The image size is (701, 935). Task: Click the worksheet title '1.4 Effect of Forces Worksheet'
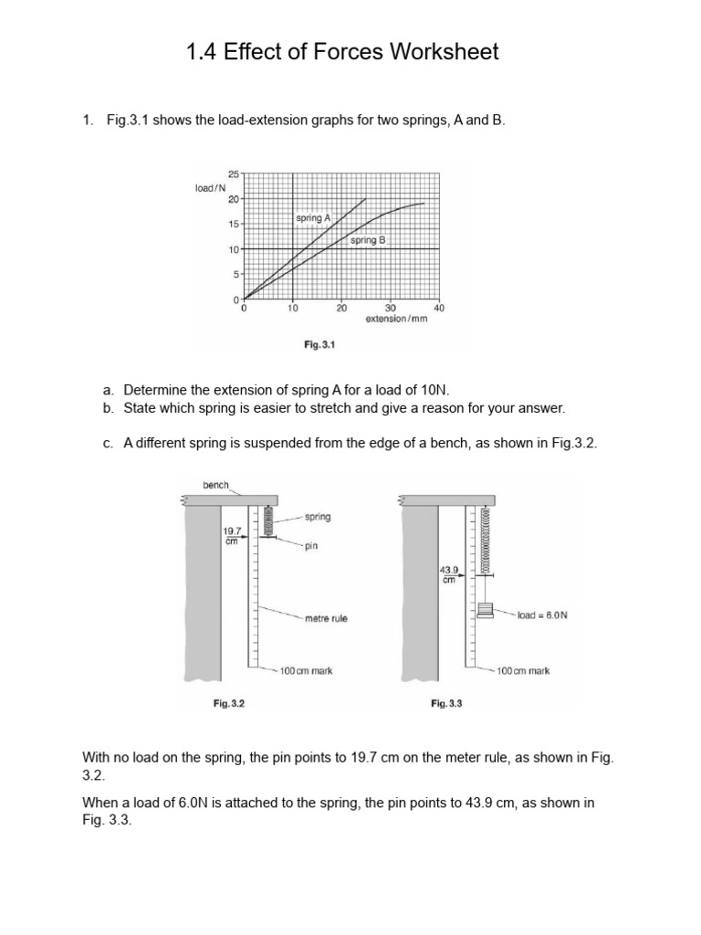(342, 52)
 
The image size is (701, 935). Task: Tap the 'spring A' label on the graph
(313, 219)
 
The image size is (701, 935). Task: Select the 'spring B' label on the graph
(368, 240)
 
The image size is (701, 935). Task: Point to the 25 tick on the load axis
(233, 173)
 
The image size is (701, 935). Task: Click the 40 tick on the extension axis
(438, 309)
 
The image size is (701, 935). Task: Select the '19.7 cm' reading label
(232, 534)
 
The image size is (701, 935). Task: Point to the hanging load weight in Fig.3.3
(485, 611)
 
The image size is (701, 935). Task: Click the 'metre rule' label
(326, 618)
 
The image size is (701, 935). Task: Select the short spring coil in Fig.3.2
(268, 522)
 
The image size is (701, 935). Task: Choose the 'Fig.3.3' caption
(447, 703)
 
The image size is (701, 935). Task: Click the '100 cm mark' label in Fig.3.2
(306, 670)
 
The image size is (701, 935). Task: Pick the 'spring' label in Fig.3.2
(317, 517)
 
